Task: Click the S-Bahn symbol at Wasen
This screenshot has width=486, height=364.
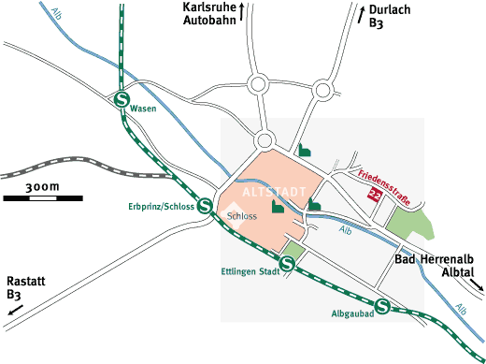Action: (121, 99)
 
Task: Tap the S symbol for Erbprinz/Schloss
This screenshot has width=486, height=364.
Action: (205, 205)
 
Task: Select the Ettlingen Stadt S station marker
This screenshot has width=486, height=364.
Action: (288, 266)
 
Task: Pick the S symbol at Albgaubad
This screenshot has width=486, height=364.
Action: (382, 306)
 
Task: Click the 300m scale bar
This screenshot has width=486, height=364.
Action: (42, 197)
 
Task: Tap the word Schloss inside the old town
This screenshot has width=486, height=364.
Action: (242, 216)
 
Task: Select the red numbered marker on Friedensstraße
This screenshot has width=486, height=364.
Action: (376, 195)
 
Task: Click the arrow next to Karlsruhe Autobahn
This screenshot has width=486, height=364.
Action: (243, 12)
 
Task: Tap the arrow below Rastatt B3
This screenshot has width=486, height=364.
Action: (16, 309)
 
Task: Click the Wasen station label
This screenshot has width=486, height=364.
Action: (144, 109)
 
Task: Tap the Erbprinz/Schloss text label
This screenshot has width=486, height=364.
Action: (159, 206)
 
